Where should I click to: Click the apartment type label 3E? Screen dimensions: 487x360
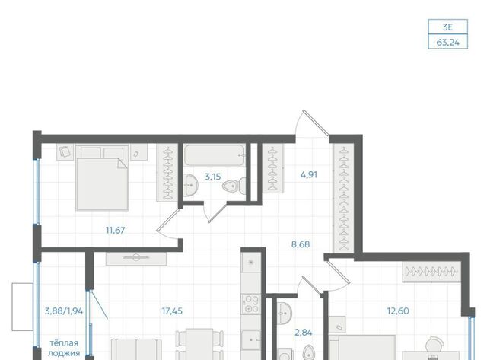[x=447, y=27]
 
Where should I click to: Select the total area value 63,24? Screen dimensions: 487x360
[x=447, y=42]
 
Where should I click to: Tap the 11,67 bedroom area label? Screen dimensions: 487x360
[x=115, y=230]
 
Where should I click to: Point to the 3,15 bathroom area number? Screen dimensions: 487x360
[x=213, y=177]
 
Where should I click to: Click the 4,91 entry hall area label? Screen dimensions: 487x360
[x=309, y=174]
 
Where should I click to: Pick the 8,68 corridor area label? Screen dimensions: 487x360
[x=301, y=244]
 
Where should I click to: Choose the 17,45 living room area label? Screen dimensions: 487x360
[x=172, y=311]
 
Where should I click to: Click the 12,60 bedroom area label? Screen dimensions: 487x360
[x=398, y=311]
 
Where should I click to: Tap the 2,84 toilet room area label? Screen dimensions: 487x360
[x=303, y=333]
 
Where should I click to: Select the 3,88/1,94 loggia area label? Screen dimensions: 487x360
[x=64, y=311]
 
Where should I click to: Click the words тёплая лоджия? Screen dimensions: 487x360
[x=64, y=348]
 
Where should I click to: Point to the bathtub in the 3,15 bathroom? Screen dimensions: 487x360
[x=215, y=155]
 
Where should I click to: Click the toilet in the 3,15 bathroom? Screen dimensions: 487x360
[x=234, y=186]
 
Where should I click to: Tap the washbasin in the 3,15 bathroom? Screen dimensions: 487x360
[x=190, y=185]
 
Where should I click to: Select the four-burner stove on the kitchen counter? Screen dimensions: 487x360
[x=251, y=304]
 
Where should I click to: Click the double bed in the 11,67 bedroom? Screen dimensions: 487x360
[x=102, y=177]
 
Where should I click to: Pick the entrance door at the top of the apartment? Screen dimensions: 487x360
[x=316, y=123]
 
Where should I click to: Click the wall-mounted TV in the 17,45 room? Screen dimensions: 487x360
[x=136, y=258]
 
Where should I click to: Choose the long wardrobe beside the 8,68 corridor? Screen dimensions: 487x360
[x=343, y=199]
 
